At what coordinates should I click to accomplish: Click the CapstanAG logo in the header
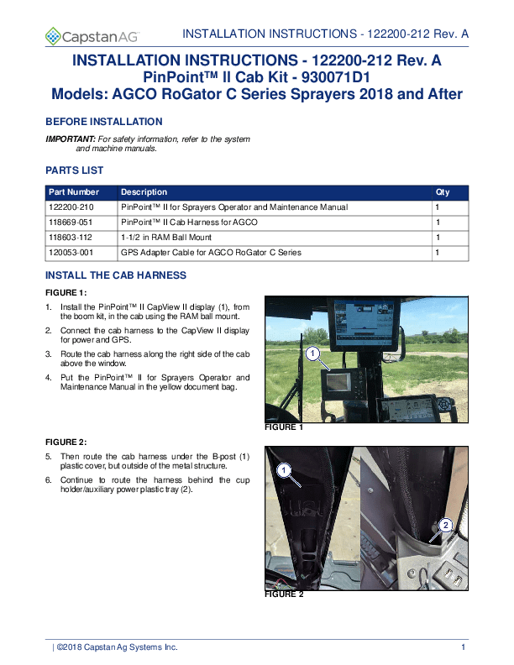point(92,35)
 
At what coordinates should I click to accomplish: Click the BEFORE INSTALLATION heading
point(103,122)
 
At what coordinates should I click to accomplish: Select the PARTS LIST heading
point(74,170)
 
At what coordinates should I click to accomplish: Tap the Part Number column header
point(74,192)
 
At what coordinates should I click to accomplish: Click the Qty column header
point(443,192)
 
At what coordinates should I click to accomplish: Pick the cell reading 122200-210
point(71,207)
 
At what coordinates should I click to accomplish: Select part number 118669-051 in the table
point(71,223)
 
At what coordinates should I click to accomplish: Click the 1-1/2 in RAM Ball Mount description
point(163,238)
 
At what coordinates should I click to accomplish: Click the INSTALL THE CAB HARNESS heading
point(115,275)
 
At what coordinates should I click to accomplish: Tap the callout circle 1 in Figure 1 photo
point(312,354)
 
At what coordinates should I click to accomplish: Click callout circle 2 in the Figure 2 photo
point(445,525)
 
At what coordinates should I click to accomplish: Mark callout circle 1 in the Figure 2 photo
point(285,469)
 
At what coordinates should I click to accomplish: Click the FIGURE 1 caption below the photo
point(284,427)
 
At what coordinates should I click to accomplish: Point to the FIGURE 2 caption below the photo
point(284,594)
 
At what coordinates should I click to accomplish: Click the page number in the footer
point(464,647)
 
